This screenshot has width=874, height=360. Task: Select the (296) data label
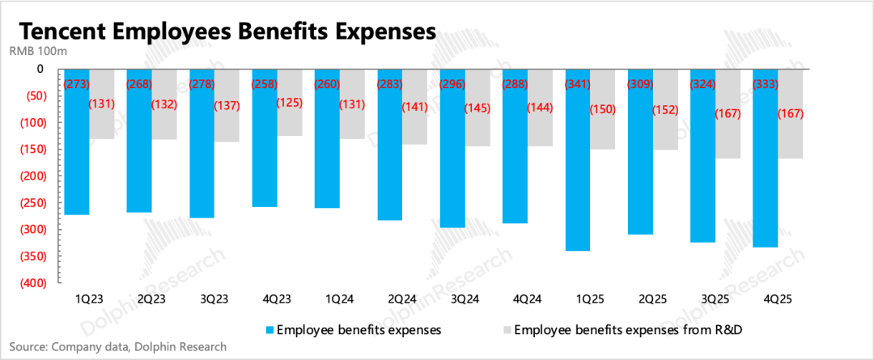[454, 83]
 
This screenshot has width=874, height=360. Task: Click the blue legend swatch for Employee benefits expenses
[269, 330]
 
